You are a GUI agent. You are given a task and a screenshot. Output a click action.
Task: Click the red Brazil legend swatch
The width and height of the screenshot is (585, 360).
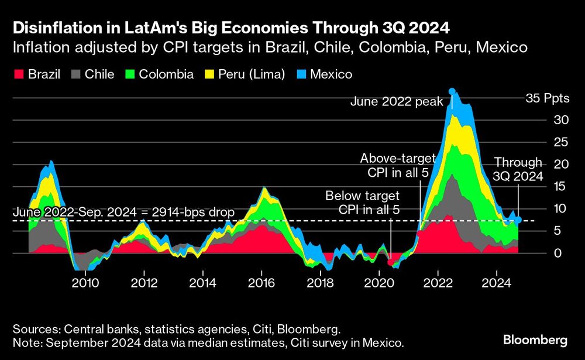pos(18,74)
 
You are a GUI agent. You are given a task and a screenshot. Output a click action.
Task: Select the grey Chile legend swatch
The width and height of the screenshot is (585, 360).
pos(76,74)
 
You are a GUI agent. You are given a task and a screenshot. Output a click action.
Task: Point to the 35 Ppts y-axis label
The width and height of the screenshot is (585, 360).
pos(548,98)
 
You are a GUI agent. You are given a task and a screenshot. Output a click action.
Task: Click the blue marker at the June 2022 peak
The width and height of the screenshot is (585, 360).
pos(452,91)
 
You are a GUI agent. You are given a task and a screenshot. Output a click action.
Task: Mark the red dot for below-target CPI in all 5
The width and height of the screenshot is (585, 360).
pos(390,262)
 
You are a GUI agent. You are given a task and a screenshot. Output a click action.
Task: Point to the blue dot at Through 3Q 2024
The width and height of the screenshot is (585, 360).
pos(518,220)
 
